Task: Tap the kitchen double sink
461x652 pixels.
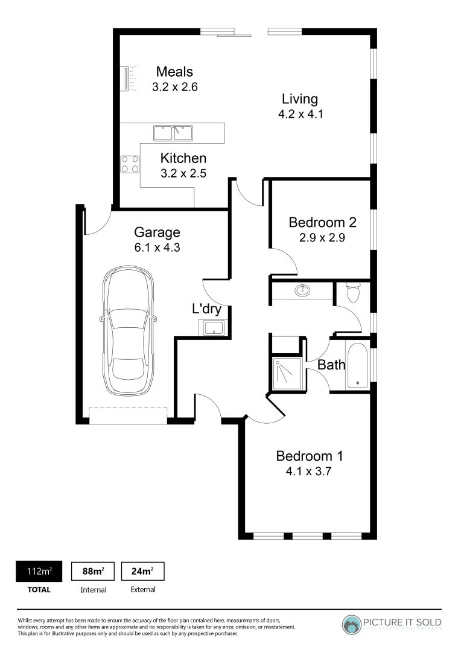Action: (x=172, y=132)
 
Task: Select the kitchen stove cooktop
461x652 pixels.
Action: (x=130, y=164)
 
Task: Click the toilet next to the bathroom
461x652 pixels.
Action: (x=353, y=293)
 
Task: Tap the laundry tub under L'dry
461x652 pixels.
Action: (x=213, y=328)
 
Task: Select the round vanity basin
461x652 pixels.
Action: (x=303, y=291)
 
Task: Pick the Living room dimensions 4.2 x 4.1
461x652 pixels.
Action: (x=300, y=114)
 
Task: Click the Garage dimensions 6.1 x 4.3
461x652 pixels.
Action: (x=157, y=247)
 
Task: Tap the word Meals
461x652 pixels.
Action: (x=174, y=72)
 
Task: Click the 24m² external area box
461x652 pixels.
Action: (x=142, y=571)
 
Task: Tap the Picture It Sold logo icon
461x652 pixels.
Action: (x=351, y=624)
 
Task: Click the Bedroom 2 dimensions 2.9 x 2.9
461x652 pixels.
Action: (x=322, y=237)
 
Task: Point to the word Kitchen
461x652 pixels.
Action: (x=183, y=158)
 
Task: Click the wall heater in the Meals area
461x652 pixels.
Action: (x=126, y=79)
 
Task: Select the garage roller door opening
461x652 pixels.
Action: (x=127, y=415)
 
